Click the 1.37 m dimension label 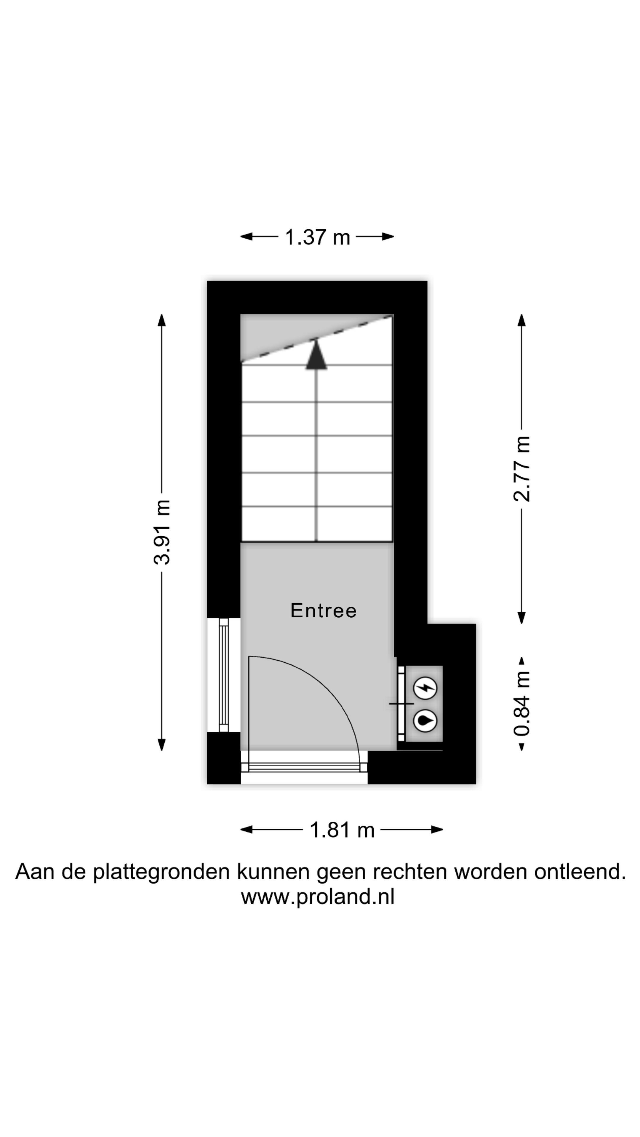coord(317,237)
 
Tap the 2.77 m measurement coord(521,468)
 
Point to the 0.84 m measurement coord(521,703)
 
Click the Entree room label coord(323,611)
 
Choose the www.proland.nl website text coord(318,897)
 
